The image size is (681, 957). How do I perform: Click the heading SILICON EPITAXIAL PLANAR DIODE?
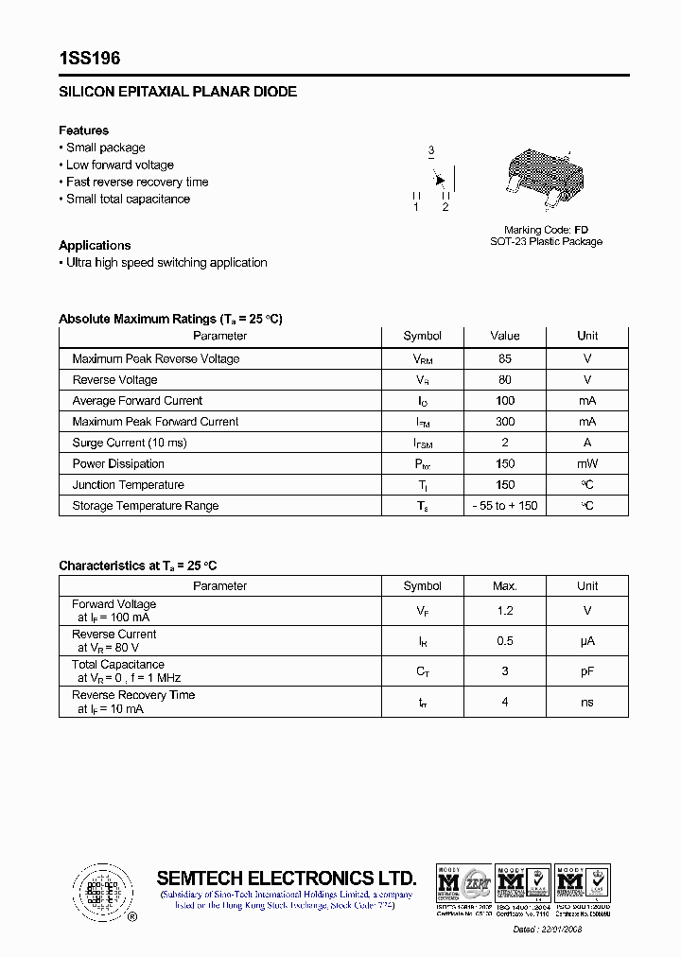coord(178,92)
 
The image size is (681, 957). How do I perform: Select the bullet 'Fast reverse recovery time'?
coord(136,182)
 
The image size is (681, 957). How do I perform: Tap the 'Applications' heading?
coord(95,245)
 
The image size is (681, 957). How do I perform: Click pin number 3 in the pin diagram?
coord(430,150)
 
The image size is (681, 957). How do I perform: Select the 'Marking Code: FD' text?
coord(546,230)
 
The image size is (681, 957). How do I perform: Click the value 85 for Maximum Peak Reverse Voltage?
coord(505,358)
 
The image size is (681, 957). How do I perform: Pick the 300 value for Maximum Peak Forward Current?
coord(505,422)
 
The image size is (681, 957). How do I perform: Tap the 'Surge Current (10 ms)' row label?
coord(130,443)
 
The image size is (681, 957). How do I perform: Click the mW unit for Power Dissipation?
coord(587,463)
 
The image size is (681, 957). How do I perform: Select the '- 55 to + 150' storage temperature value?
coord(505,506)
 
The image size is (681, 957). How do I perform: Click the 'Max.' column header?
coord(505,586)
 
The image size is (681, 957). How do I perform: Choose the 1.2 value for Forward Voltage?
coord(505,611)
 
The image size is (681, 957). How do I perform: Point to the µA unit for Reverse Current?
coord(587,641)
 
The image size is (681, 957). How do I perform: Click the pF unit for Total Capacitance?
coord(587,671)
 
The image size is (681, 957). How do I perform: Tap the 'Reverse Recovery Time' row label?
coord(133,695)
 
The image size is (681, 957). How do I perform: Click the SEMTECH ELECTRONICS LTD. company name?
coord(286,877)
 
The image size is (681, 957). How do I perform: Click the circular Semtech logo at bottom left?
coord(103,892)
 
